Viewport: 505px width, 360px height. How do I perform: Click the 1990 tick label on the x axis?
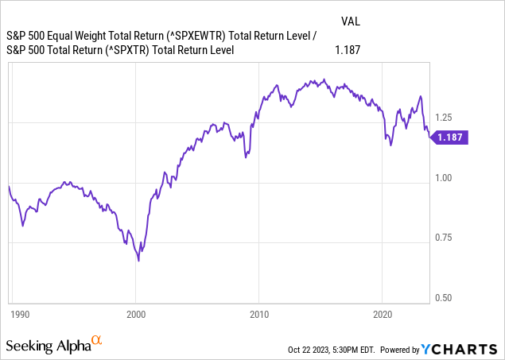coord(18,313)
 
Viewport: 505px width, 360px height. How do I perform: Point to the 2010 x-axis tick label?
coord(259,313)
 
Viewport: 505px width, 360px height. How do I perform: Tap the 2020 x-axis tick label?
coord(383,313)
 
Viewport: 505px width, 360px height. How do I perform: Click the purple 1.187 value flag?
coord(450,137)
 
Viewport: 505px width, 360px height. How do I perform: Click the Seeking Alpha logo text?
coord(47,346)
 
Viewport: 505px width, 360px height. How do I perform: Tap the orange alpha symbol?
coord(97,341)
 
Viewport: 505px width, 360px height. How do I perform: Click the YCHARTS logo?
coord(465,348)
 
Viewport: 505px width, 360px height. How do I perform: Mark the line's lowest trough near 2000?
coord(138,260)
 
